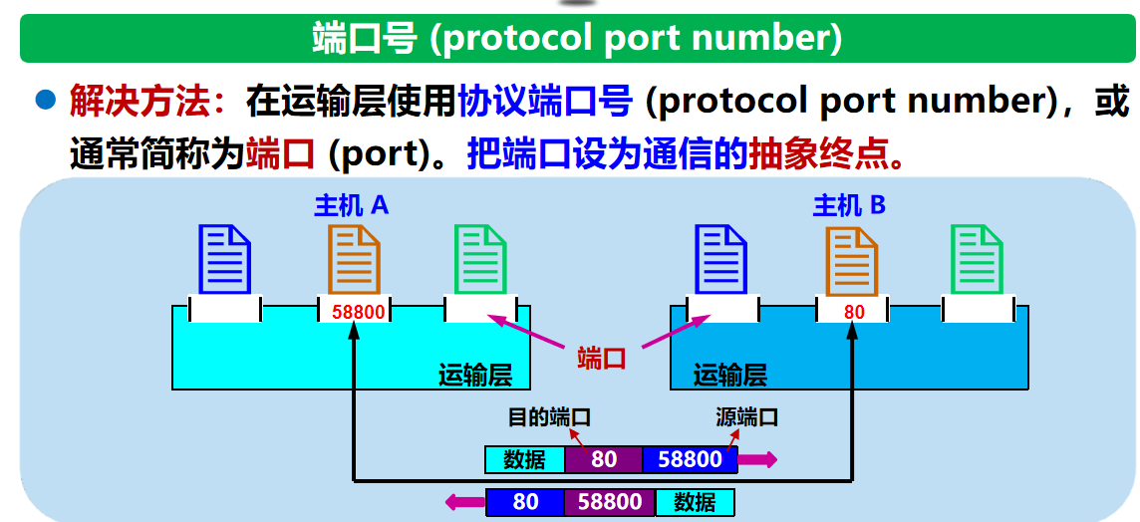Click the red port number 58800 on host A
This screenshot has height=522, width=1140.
(358, 312)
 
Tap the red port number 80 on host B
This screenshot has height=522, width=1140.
(854, 312)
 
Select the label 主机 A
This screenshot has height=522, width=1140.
(351, 205)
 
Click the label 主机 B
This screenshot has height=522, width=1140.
(849, 205)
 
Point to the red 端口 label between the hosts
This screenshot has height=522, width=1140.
(602, 358)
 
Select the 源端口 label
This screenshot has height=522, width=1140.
(746, 417)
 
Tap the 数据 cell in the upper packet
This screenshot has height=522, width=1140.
(524, 459)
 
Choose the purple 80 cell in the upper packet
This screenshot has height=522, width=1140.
(604, 459)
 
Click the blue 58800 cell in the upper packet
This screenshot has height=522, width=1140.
(690, 459)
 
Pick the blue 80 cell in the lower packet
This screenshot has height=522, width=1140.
(525, 502)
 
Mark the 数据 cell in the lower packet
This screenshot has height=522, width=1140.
(695, 502)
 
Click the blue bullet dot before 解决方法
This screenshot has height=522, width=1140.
(45, 100)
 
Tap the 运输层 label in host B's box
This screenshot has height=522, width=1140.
(730, 375)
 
